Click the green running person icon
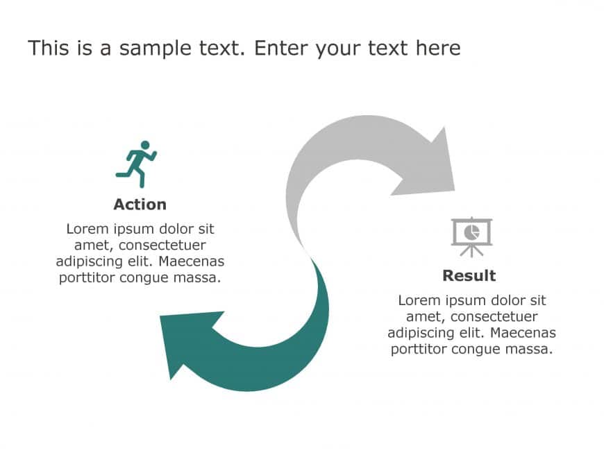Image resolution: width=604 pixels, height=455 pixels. (136, 164)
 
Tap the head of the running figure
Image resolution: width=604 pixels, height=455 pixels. (145, 145)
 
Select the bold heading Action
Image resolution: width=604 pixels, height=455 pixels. (140, 205)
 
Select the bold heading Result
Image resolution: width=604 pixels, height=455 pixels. (469, 275)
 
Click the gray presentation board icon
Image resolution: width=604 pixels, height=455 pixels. (472, 237)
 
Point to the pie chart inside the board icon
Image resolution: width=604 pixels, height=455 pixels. (471, 232)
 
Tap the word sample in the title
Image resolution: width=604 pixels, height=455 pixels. (155, 49)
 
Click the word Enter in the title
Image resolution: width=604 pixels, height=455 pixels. (282, 48)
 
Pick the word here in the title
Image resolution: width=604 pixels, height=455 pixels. (438, 48)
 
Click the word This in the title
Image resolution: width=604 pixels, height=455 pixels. (49, 48)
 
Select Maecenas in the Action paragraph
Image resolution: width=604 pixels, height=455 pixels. (192, 261)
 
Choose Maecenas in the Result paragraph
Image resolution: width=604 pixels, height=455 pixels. (523, 333)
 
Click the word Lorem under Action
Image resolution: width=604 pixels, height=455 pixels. (87, 229)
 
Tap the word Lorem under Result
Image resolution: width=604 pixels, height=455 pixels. (419, 300)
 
